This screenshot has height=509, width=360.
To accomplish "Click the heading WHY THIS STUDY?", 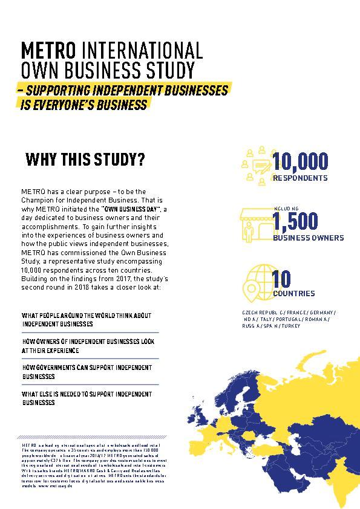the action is pyautogui.click(x=85, y=160).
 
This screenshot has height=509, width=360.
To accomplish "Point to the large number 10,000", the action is pyautogui.click(x=300, y=161).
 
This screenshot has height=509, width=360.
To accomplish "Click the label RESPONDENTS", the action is pyautogui.click(x=300, y=178).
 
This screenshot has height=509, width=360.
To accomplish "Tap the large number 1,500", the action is pyautogui.click(x=295, y=222).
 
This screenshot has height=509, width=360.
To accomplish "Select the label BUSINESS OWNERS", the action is pyautogui.click(x=308, y=238).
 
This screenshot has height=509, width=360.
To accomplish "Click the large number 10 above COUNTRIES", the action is pyautogui.click(x=281, y=279).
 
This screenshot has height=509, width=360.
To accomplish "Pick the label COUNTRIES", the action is pyautogui.click(x=293, y=294).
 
